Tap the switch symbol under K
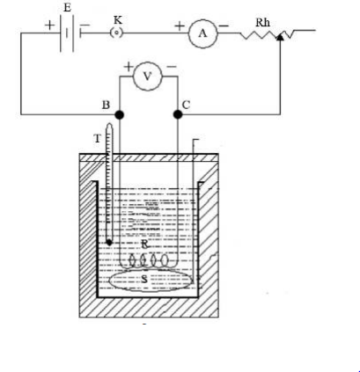coord(116,33)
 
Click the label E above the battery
coord(67,8)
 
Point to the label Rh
coord(262,23)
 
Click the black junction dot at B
coord(120,114)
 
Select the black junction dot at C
coord(178,114)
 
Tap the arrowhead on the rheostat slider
coord(280,37)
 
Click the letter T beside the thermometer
coord(98,138)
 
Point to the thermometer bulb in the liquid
coord(109,243)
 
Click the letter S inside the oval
coord(144,279)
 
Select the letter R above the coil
coord(144,244)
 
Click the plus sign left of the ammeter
coord(180,26)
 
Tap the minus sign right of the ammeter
coord(224,26)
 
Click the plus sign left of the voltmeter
coord(129,67)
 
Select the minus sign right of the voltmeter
coord(172,67)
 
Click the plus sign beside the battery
coord(49,25)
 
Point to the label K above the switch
coord(118,20)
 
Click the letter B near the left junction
coord(106,105)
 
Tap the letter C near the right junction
coord(186,105)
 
